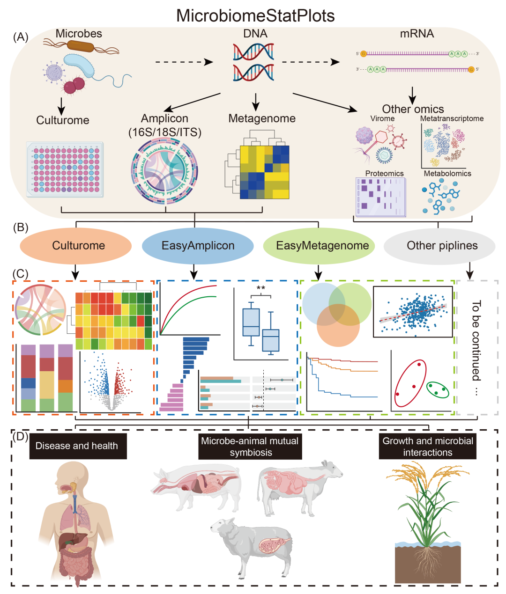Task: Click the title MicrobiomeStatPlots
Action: [255, 15]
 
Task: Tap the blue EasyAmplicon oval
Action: [198, 246]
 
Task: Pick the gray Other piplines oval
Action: [439, 246]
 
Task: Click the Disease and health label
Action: [77, 446]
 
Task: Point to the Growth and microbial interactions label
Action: [427, 447]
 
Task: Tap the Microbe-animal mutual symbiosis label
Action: [250, 447]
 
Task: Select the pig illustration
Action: [197, 487]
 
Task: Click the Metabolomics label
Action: [447, 174]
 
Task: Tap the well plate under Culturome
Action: [64, 169]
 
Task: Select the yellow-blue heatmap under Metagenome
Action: [264, 172]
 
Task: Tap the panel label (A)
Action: [21, 37]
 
